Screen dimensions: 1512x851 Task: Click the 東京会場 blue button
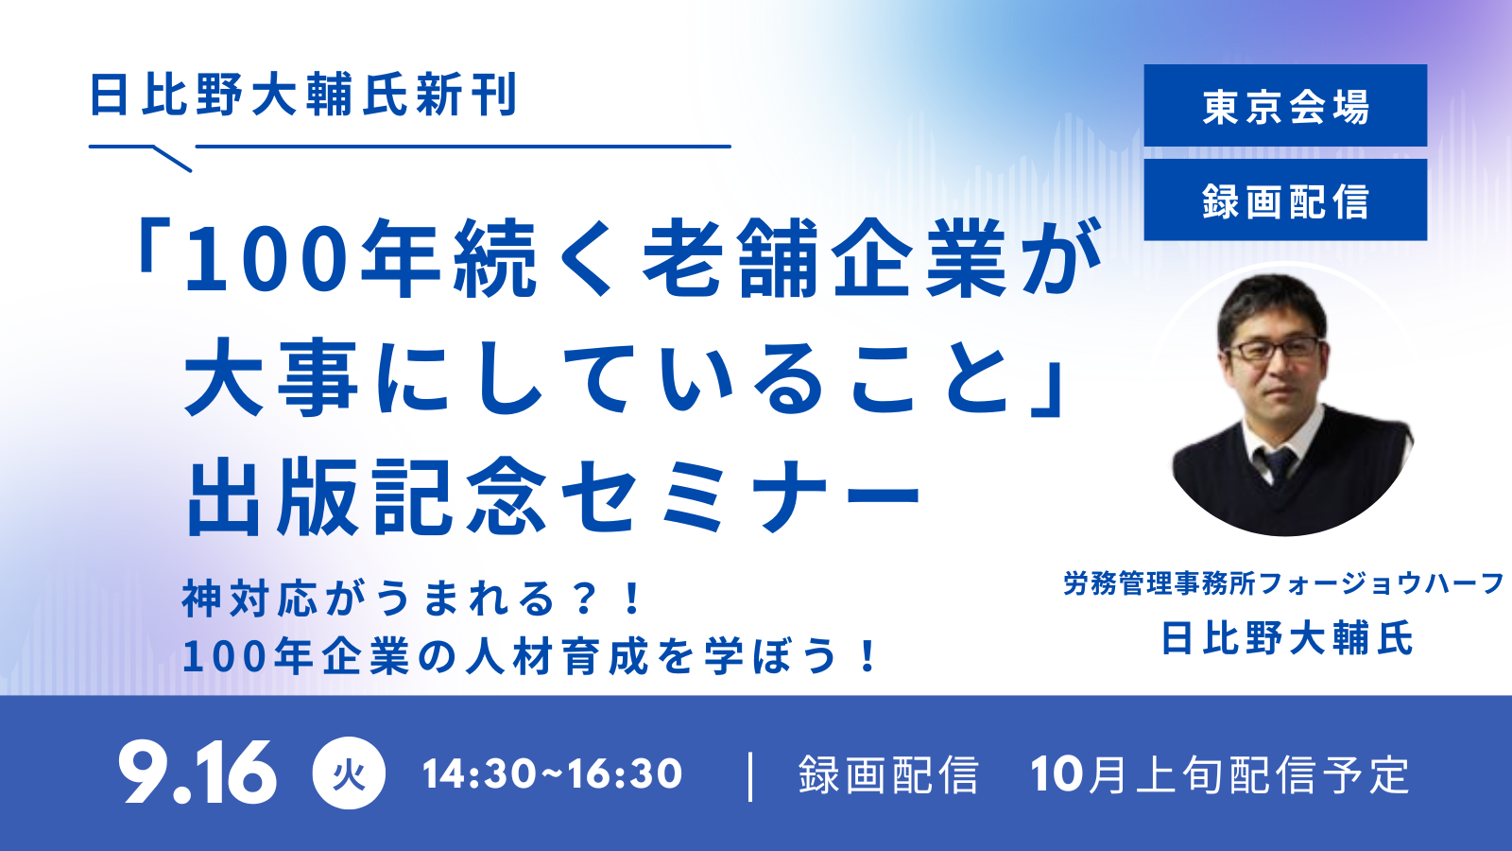1285,105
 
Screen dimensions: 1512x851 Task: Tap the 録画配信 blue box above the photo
1285,200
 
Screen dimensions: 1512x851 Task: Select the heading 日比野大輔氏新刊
303,95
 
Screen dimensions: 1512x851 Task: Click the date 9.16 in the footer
198,773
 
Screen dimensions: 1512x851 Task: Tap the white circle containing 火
349,773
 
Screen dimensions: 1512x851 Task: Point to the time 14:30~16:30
552,774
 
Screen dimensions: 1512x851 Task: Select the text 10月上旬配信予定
1220,774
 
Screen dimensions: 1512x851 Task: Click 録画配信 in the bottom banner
888,774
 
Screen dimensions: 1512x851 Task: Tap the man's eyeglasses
1274,349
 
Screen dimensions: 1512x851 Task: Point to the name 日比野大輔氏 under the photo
1286,637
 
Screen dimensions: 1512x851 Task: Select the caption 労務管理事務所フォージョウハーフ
1283,583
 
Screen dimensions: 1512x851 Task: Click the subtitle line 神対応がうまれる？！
412,599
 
